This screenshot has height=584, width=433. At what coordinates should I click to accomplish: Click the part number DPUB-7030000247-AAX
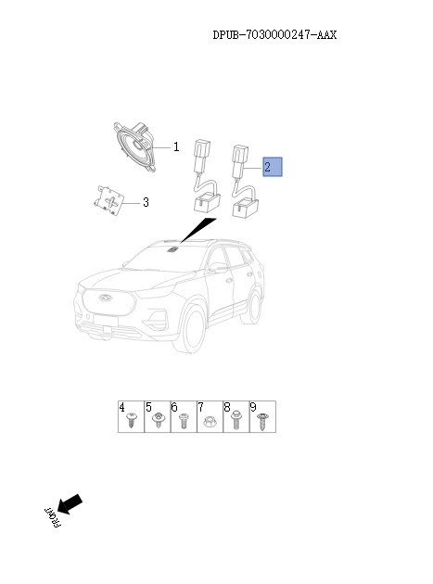pos(274,35)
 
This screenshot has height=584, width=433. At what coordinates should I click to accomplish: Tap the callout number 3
pos(146,202)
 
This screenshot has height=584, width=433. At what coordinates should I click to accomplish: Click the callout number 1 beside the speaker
pos(174,146)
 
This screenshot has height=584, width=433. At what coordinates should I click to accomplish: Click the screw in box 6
pos(184,421)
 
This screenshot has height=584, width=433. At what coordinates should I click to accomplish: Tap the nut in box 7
pos(210,421)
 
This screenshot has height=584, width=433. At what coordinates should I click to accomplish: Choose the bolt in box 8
pos(236,420)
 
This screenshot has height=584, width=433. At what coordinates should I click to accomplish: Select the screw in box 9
pos(262,421)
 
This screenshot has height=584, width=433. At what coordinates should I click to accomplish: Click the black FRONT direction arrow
pos(70,503)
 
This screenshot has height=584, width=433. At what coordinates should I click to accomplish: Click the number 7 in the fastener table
pos(201,407)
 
